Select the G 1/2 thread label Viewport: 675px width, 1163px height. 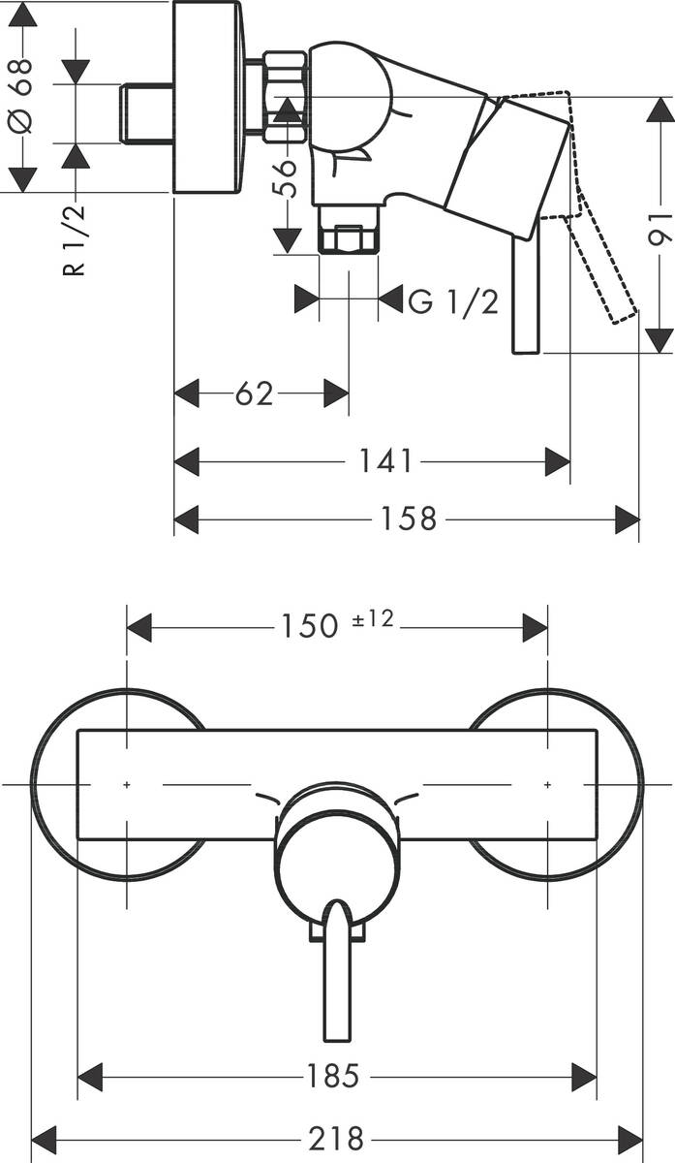(453, 301)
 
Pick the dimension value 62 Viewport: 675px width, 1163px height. (254, 393)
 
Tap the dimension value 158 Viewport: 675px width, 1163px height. (408, 519)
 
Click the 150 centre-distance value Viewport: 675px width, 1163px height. (309, 626)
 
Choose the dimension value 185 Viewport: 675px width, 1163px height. (333, 1074)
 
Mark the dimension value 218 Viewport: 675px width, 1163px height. (336, 1136)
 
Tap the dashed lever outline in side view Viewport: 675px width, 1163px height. (605, 262)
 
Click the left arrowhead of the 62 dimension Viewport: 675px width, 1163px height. (186, 393)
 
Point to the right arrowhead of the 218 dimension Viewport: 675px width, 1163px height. (629, 1136)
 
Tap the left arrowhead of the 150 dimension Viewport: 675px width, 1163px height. (139, 626)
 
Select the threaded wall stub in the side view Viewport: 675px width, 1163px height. (146, 114)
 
